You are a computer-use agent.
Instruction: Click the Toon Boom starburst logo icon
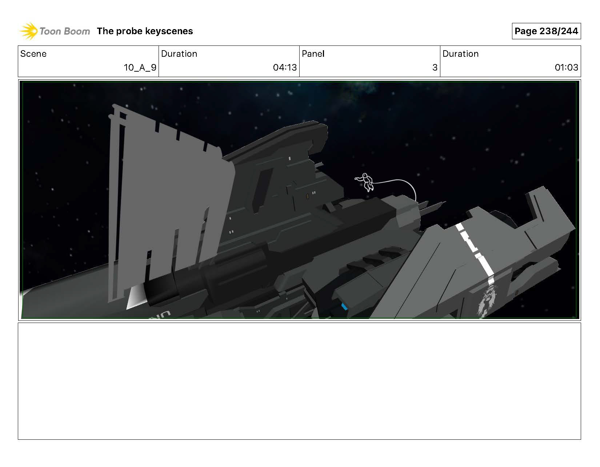click(x=29, y=31)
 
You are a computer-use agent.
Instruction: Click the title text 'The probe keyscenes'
click(x=145, y=31)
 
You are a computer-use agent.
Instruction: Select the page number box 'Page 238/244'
click(x=546, y=31)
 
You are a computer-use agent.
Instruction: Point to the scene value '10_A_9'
click(x=140, y=67)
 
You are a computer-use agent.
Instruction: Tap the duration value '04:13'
click(x=285, y=67)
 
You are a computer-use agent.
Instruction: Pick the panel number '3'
click(x=435, y=67)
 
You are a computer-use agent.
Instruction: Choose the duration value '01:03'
click(x=566, y=67)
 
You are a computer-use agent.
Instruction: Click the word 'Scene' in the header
click(x=33, y=53)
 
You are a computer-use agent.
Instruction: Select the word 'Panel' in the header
click(x=313, y=53)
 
